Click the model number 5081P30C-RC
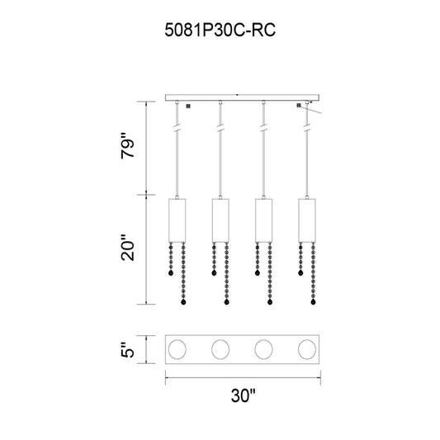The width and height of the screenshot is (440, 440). [220, 30]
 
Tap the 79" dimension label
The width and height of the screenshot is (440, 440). [128, 145]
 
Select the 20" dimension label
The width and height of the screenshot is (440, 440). [128, 247]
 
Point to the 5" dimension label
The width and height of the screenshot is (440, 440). [128, 350]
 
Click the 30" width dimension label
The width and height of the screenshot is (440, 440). [243, 395]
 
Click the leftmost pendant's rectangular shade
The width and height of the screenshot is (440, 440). [177, 220]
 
